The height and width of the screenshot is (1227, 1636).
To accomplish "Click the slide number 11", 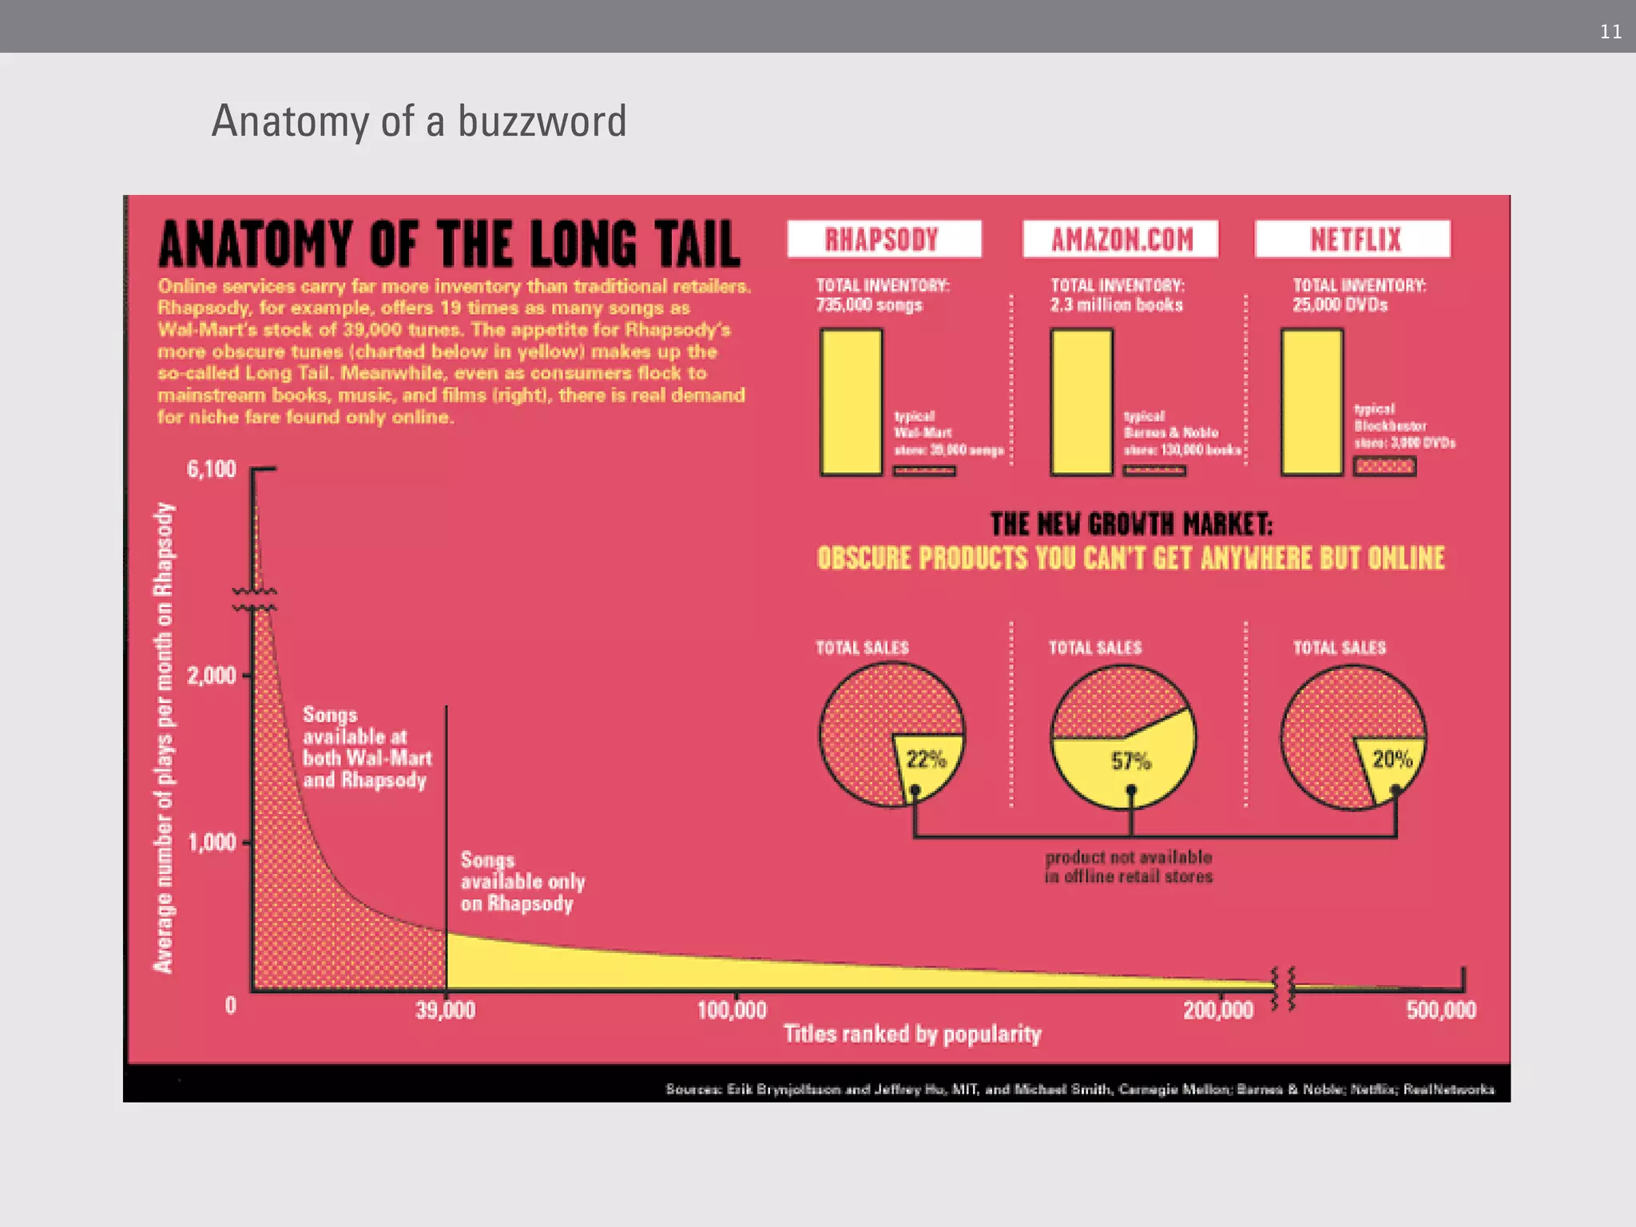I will tap(1610, 32).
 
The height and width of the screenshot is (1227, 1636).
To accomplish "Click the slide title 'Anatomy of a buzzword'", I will tap(419, 121).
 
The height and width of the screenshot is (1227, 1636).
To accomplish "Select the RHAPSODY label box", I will tap(884, 239).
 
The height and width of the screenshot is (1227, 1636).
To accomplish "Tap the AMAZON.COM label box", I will tap(1120, 239).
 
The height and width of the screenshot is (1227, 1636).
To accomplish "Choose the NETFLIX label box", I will tap(1352, 239).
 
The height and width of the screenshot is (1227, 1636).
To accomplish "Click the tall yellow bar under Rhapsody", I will tap(852, 402).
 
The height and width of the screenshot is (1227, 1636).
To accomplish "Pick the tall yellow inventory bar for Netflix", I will tap(1312, 402).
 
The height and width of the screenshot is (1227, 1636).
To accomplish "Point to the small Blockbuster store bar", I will tap(1384, 467).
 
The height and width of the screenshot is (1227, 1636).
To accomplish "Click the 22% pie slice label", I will tap(926, 760).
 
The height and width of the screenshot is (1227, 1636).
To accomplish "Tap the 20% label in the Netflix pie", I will tap(1392, 760).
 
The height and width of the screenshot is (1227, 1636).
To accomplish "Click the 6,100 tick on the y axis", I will tap(212, 469).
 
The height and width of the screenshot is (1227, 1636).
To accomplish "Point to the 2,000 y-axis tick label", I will tap(212, 676).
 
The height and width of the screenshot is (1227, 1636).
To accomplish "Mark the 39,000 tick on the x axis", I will tap(445, 1011).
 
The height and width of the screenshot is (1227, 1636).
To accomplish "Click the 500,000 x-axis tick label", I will tap(1441, 1011).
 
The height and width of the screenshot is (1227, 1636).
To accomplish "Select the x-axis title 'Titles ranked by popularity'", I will tap(912, 1034).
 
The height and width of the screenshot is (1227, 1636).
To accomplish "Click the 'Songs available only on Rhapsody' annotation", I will tap(522, 882).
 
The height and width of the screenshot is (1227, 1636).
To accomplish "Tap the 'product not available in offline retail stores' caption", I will tap(1129, 867).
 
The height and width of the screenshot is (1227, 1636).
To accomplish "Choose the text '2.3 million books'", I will tap(1116, 305).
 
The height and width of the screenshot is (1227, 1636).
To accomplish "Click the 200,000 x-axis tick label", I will tap(1218, 1011).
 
